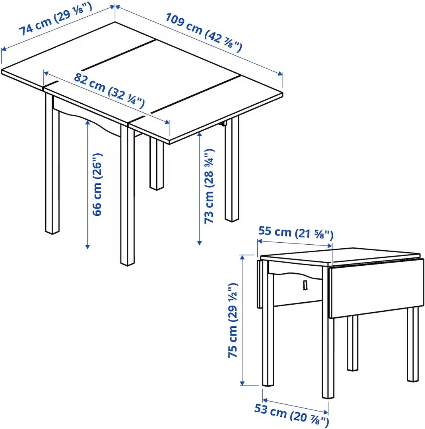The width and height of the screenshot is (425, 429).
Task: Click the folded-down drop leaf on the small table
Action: [x=376, y=288]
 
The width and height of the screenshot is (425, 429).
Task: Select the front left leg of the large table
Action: [x=52, y=167]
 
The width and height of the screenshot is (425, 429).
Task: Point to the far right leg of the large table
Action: [x=231, y=171]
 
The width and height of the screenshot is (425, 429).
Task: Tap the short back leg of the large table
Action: [x=157, y=163]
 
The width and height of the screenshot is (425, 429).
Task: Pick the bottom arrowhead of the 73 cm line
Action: [x=199, y=242]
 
